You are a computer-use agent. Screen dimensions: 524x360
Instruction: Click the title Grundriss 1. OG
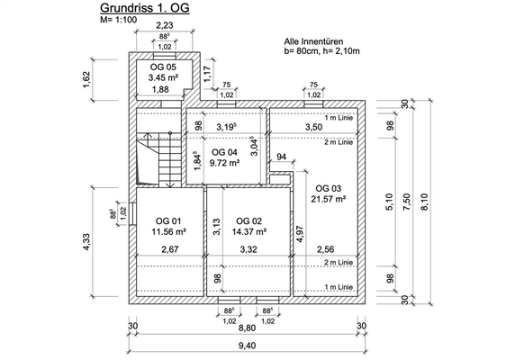click(145, 8)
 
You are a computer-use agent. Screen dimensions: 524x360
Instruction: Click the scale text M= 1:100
click(119, 20)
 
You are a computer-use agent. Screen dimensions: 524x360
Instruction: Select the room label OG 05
click(163, 67)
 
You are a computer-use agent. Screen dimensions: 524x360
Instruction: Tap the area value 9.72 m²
click(224, 163)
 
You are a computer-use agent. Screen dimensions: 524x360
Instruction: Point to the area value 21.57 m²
click(328, 199)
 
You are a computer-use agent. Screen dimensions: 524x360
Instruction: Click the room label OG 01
click(168, 221)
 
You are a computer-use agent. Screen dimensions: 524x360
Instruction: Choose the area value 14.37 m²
click(249, 231)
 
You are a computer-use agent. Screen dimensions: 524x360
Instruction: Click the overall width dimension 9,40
click(248, 346)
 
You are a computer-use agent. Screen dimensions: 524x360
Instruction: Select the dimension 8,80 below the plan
click(248, 328)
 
